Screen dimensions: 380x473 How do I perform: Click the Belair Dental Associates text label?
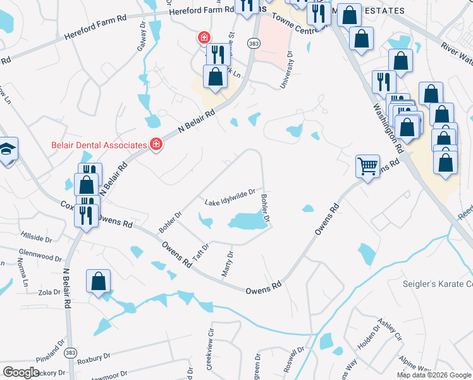point(99,145)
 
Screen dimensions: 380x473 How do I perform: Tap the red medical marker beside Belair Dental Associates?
point(156,145)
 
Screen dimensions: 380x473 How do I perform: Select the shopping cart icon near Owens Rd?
point(367,166)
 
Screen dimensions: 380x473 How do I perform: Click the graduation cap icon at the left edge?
point(7,149)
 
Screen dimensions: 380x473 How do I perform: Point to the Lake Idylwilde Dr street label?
point(230,197)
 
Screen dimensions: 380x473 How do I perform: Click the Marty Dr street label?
point(228,264)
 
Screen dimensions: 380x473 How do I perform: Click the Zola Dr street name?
point(48,292)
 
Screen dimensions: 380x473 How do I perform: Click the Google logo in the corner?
point(21,372)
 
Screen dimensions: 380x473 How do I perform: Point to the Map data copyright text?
point(433,374)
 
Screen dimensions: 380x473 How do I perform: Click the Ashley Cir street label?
point(389,330)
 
